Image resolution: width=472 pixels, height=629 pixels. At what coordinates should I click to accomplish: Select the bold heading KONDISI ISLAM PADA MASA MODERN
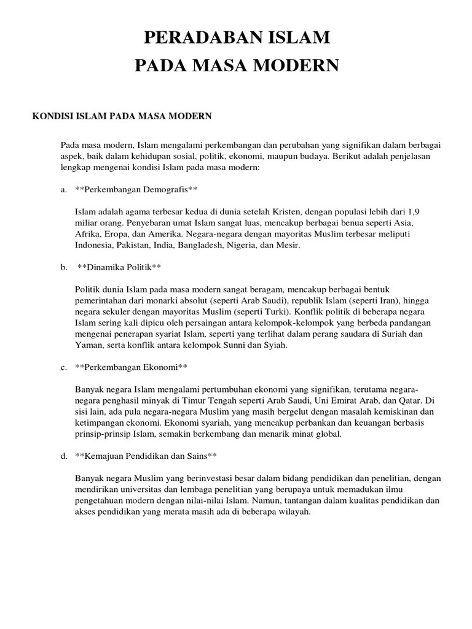click(122, 115)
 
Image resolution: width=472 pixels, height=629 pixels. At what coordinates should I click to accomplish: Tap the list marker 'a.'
click(63, 189)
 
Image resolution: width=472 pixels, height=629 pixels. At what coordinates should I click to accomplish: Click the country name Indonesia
click(95, 245)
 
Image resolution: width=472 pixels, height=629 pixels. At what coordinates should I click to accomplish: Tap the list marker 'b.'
click(64, 268)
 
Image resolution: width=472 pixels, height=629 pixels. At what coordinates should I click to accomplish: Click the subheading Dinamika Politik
click(119, 268)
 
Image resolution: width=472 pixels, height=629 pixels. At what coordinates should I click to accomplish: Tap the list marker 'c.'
click(63, 367)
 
